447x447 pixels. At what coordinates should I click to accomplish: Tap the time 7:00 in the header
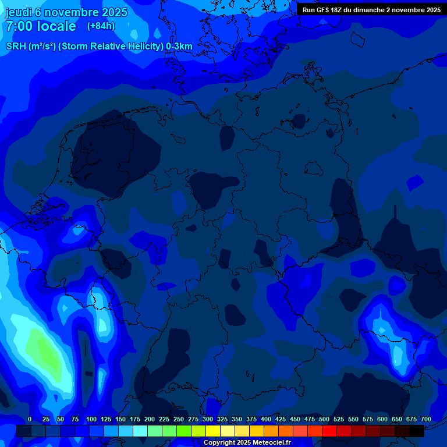19,26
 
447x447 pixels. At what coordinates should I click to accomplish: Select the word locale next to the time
56,26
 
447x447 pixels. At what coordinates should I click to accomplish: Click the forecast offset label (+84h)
101,26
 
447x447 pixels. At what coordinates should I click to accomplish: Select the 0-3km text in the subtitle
179,47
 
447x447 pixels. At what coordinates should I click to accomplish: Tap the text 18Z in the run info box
336,10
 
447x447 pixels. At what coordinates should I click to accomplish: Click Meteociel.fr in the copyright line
267,443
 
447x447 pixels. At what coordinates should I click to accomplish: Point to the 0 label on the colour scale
30,419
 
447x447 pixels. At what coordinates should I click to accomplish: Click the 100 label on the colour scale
91,419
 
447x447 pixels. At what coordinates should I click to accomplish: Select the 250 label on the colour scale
179,419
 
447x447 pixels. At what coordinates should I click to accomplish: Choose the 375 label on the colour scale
251,419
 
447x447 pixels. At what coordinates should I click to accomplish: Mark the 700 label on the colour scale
426,419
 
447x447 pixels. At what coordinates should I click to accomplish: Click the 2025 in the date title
114,12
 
